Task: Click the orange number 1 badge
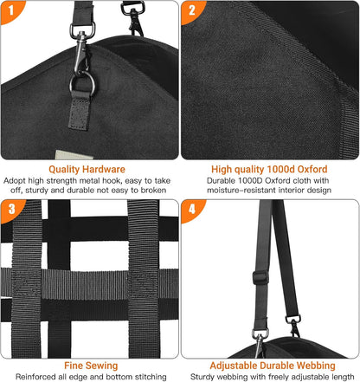(x=13, y=13)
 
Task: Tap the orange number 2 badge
(x=193, y=13)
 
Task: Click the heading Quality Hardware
(x=89, y=169)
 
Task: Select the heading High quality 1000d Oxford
(x=269, y=169)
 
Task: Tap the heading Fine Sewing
(x=89, y=366)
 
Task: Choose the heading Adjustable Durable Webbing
(x=269, y=366)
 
